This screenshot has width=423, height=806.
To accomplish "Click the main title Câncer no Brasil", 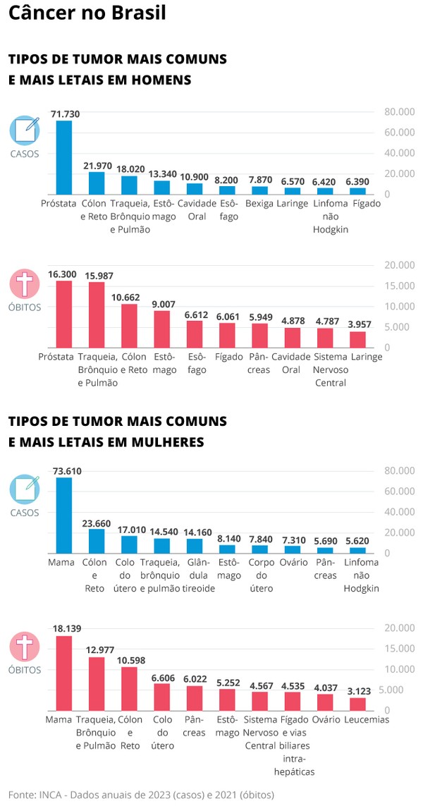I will pos(87,14).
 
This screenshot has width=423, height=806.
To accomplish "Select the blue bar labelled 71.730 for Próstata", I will pos(64,157).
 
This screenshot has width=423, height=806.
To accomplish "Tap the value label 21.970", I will pos(97,166).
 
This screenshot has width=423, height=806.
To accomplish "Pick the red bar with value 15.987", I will pos(97,315).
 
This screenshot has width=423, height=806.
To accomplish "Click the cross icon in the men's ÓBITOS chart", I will pos(25,284).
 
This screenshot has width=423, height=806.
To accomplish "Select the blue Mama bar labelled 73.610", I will pos(64,515).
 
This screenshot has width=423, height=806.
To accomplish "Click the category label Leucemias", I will pos(367,720).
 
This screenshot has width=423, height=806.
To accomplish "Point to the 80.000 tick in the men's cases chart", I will pos(399,112).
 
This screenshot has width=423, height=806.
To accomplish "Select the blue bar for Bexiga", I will pos(260,190).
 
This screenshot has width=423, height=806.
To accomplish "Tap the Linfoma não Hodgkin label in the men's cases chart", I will pos(326,216).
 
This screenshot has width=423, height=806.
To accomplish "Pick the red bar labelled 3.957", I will pos(358,339).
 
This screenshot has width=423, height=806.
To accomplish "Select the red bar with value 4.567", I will pos(260,701).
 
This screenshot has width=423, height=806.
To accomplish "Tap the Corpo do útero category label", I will pos(260,575).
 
